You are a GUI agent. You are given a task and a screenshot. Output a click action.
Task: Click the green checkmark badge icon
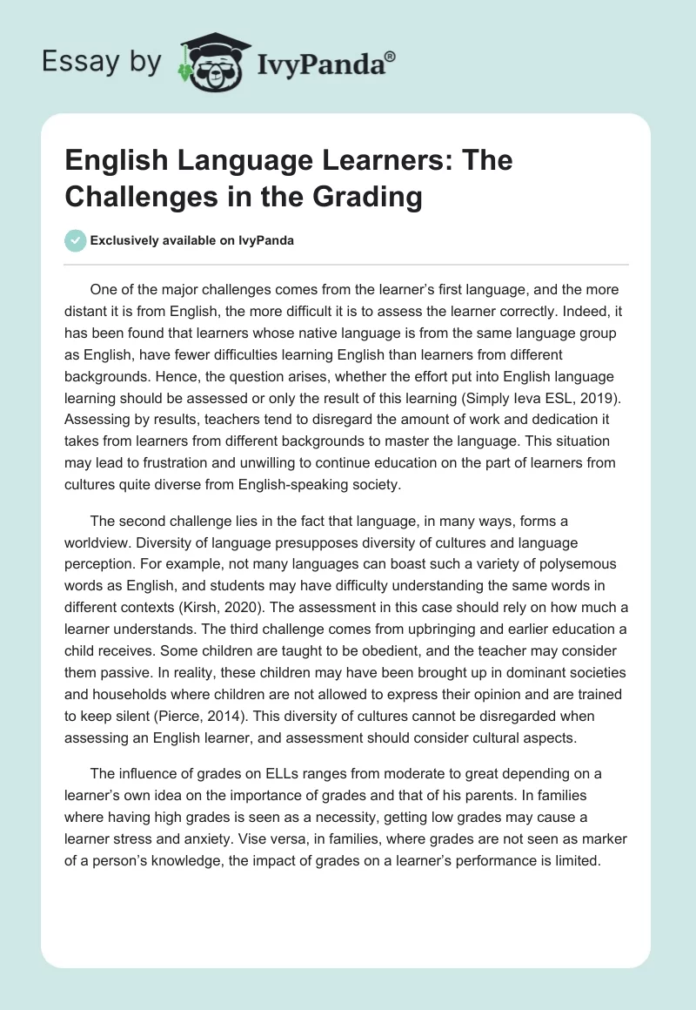point(77,240)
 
